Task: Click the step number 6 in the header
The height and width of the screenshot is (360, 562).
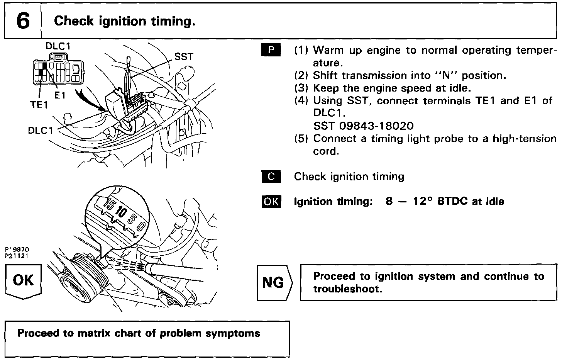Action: click(23, 21)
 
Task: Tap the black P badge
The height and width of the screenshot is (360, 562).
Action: click(271, 50)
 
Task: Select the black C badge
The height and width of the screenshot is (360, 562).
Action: click(271, 177)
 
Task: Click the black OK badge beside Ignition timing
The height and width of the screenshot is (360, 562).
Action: click(271, 202)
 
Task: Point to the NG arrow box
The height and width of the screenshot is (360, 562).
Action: click(274, 282)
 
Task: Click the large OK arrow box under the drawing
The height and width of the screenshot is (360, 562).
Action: click(24, 281)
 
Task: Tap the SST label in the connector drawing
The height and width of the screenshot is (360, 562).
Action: click(183, 57)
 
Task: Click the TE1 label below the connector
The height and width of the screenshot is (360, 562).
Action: click(39, 105)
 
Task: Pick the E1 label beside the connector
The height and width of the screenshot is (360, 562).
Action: click(60, 95)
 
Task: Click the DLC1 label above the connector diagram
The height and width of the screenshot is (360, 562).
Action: click(58, 46)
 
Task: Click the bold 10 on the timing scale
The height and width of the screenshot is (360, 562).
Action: click(120, 213)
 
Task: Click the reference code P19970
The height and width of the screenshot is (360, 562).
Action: click(17, 250)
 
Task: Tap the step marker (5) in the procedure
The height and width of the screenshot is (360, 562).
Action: click(301, 139)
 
